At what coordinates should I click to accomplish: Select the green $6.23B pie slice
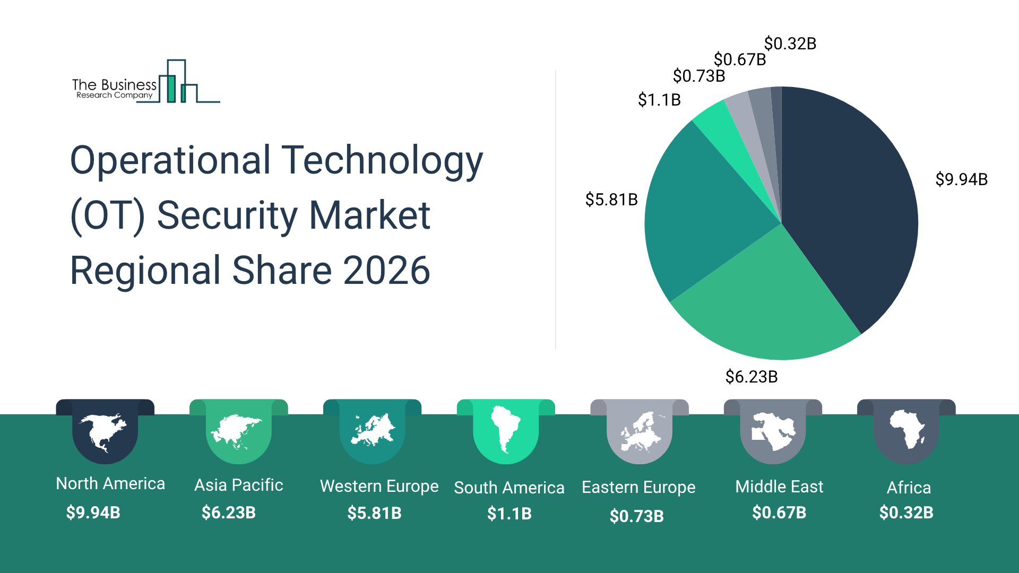[x=764, y=308]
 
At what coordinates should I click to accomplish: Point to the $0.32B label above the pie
[x=790, y=44]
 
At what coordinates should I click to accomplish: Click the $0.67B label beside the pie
[x=739, y=59]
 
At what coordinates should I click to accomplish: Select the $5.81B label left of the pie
[x=611, y=199]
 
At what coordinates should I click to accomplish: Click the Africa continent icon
[x=906, y=429]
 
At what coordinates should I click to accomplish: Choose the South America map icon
[x=505, y=429]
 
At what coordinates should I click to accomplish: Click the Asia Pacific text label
[x=238, y=485]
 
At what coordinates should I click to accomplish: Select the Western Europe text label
[x=379, y=486]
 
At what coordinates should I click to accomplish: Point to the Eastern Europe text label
[x=638, y=487]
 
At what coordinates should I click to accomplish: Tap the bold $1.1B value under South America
[x=509, y=514]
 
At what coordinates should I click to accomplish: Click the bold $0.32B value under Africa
[x=906, y=513]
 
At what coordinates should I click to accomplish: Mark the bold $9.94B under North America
[x=93, y=513]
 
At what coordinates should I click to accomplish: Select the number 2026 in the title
[x=386, y=271]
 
